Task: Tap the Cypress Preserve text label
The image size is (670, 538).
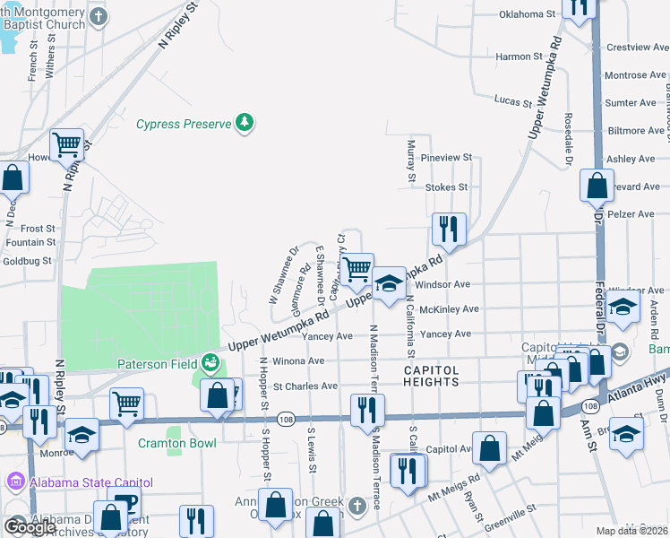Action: (x=184, y=125)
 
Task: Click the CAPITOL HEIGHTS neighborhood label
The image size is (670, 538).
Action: (x=418, y=376)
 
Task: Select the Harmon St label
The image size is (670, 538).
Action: (x=520, y=56)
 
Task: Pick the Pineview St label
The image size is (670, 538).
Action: (x=446, y=158)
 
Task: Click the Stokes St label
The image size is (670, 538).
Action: (x=446, y=187)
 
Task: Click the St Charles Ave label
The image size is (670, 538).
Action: (x=305, y=386)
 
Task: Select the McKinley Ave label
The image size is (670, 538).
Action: (x=450, y=309)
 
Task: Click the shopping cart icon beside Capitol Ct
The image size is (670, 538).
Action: (x=357, y=267)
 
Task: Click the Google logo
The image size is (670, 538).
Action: (x=30, y=526)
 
